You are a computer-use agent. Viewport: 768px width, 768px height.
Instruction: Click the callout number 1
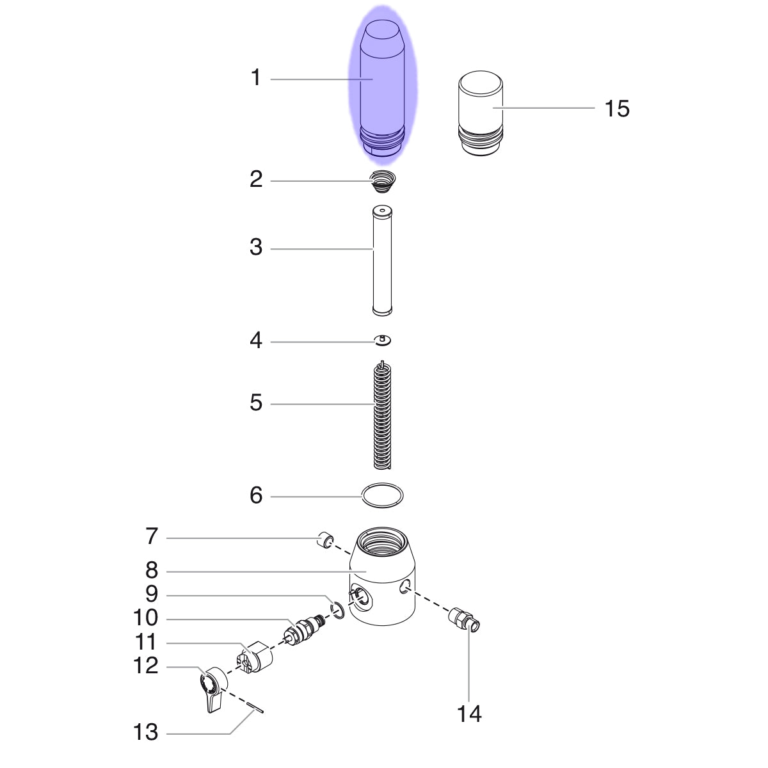[256, 77]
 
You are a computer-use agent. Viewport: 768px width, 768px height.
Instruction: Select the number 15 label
[617, 108]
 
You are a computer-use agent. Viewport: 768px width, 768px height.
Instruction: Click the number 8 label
[152, 570]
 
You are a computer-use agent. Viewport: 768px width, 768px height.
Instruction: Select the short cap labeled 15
[481, 113]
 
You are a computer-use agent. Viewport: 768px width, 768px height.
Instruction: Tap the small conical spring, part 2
[383, 181]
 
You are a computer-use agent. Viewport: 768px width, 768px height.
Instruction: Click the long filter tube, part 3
[382, 260]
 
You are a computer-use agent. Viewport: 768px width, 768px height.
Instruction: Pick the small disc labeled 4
[382, 340]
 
